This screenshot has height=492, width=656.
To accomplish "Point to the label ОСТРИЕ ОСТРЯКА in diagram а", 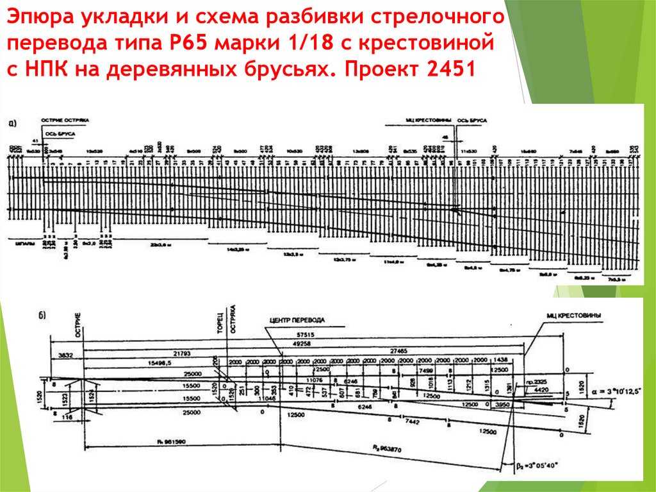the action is (x=65, y=120).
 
